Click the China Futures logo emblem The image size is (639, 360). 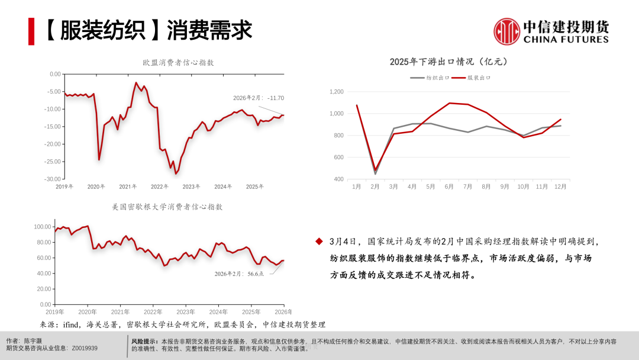point(506,31)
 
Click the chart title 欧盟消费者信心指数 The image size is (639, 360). point(178,62)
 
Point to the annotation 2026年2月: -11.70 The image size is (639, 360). point(259,98)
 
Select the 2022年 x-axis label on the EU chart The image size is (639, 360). point(159,187)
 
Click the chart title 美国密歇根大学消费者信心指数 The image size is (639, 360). point(167,207)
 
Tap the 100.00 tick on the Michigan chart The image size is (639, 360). point(43,227)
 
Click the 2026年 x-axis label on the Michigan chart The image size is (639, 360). point(283,312)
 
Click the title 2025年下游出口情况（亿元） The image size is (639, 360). point(448,62)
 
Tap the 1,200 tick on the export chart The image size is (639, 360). point(336,92)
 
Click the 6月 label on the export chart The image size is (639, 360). point(449,187)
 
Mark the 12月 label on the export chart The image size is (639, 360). point(560,187)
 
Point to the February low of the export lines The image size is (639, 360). point(375,172)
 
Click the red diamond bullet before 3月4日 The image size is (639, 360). point(319,242)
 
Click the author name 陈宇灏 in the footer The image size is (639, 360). point(34,342)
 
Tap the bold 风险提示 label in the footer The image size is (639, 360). point(144,342)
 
